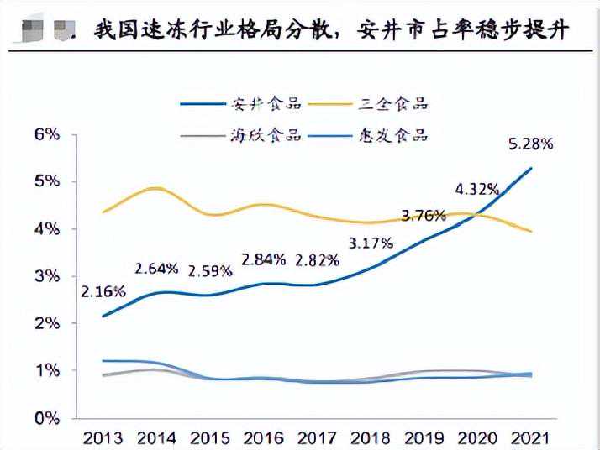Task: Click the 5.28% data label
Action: [x=531, y=144]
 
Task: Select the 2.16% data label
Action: [x=103, y=292]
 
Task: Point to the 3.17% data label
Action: [x=370, y=243]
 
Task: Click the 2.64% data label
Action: [x=157, y=269]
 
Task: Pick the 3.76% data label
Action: [x=423, y=215]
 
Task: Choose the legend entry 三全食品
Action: [x=401, y=104]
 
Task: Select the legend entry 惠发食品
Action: [x=401, y=136]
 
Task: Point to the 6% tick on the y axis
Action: [x=48, y=134]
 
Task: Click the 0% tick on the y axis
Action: [x=48, y=417]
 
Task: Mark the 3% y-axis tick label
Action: [x=48, y=276]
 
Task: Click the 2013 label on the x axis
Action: [x=103, y=437]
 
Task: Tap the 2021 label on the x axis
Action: [x=531, y=437]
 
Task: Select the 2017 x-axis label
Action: [x=317, y=437]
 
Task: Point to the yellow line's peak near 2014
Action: [x=157, y=188]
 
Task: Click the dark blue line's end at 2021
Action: [x=531, y=169]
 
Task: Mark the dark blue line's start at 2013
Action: [x=103, y=316]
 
